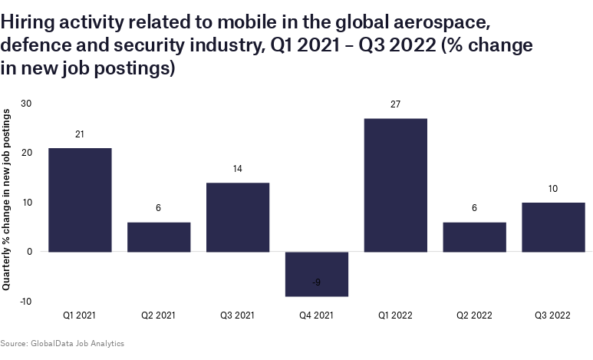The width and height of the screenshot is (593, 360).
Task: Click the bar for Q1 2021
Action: click(x=80, y=200)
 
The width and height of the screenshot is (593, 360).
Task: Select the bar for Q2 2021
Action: click(x=159, y=236)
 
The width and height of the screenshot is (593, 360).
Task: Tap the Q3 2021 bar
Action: click(x=238, y=217)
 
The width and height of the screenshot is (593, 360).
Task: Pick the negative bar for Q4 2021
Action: click(x=317, y=273)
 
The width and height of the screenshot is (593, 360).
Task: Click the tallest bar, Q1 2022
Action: click(x=396, y=185)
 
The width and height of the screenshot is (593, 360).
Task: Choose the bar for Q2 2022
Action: click(x=475, y=236)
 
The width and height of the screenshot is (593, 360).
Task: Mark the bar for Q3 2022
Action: click(x=553, y=226)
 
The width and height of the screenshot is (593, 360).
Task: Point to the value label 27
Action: click(x=396, y=104)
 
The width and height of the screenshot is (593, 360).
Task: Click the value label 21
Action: click(x=80, y=134)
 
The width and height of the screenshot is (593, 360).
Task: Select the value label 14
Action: click(x=238, y=169)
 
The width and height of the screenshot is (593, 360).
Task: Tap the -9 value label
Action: click(x=317, y=282)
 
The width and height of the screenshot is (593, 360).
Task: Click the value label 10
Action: click(x=553, y=189)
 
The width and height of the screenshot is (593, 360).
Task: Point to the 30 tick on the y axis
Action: click(x=26, y=104)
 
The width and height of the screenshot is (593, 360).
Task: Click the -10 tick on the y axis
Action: click(x=25, y=302)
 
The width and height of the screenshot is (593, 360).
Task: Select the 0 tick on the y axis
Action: click(x=29, y=252)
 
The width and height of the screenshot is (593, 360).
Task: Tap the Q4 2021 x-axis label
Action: click(x=317, y=315)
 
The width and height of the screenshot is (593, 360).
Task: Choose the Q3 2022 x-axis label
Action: click(x=553, y=315)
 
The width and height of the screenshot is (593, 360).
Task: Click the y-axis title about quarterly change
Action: click(x=7, y=200)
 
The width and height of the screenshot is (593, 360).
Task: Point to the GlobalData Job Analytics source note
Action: click(x=62, y=343)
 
